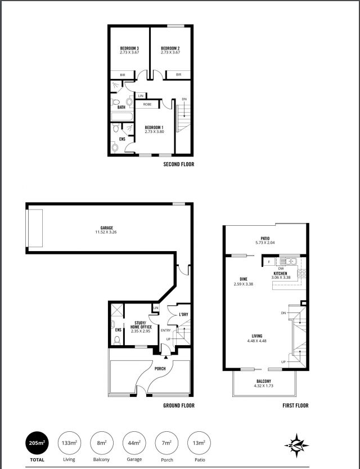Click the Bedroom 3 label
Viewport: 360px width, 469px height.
click(129, 48)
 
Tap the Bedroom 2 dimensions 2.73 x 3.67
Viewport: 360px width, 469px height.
click(170, 52)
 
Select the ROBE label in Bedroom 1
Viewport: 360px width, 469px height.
click(147, 104)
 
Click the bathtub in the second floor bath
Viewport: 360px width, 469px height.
click(122, 117)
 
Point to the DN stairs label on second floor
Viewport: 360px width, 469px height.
click(184, 99)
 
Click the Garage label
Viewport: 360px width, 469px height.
click(107, 228)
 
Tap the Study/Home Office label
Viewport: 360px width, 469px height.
click(141, 325)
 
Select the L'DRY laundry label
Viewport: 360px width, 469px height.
click(183, 314)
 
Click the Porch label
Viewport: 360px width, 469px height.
click(160, 368)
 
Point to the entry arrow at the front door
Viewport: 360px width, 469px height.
click(166, 356)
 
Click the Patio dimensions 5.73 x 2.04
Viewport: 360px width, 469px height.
click(265, 243)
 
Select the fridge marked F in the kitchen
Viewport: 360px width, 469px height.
click(269, 262)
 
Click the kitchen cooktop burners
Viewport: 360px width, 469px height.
click(301, 273)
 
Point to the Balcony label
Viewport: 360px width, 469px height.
click(264, 381)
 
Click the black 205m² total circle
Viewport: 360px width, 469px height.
click(37, 443)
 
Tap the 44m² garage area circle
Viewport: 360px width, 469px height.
click(134, 443)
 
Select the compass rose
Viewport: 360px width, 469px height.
click(296, 445)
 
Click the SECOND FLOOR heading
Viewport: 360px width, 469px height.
click(179, 164)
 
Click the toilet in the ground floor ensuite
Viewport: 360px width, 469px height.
click(117, 340)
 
